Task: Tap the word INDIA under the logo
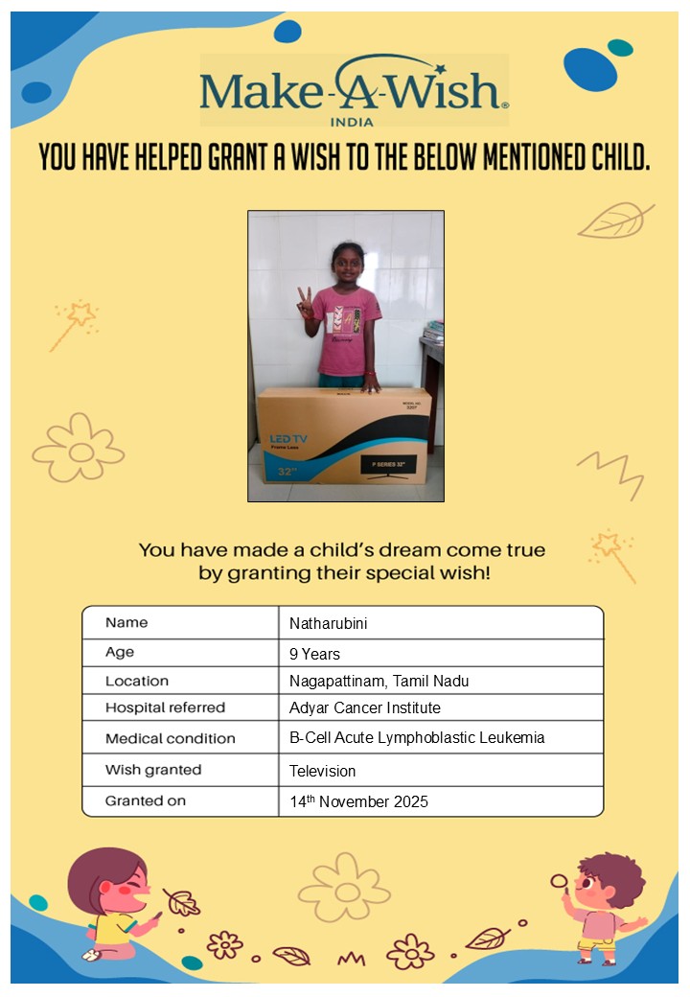click(352, 123)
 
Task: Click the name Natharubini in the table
click(329, 624)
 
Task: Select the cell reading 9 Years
click(315, 655)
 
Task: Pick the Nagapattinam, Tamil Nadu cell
click(379, 682)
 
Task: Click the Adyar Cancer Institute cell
click(364, 708)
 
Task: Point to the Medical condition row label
click(170, 739)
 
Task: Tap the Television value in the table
click(322, 771)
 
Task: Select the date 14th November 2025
click(358, 801)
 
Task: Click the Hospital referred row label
click(165, 708)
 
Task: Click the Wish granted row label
click(153, 770)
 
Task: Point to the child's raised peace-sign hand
click(305, 301)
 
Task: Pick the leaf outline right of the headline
click(614, 220)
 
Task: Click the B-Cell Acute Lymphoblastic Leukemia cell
click(417, 739)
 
